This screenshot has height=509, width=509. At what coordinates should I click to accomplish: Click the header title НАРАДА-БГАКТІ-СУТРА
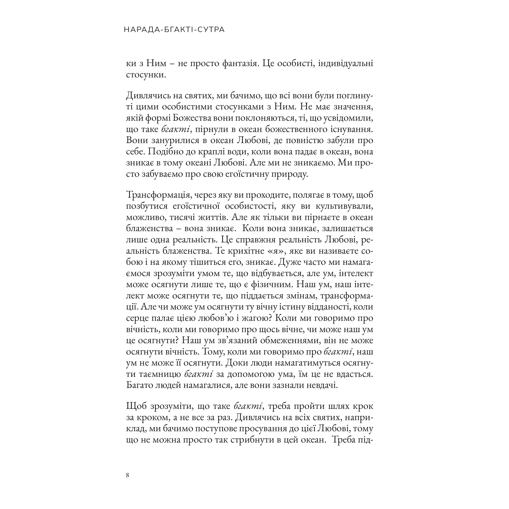[174, 30]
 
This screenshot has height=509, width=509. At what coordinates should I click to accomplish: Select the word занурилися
[175, 140]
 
